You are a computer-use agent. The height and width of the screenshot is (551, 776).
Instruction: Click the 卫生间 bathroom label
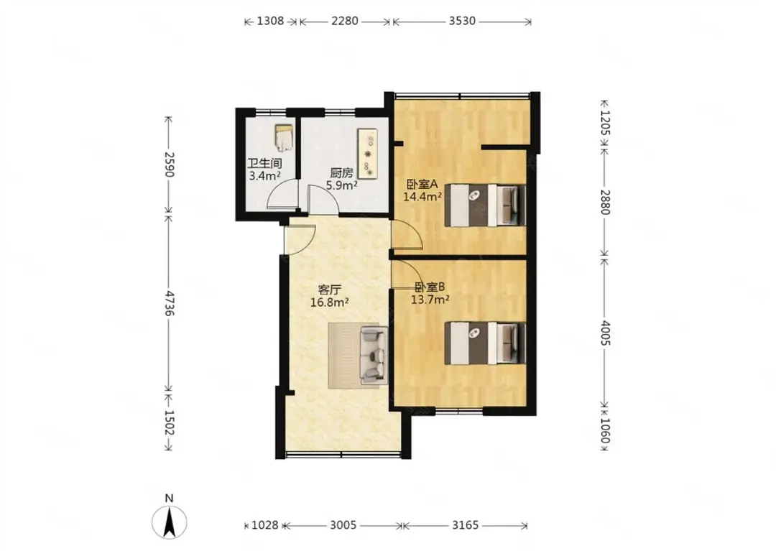pyautogui.click(x=264, y=164)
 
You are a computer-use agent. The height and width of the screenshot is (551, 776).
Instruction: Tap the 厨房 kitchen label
pyautogui.click(x=341, y=173)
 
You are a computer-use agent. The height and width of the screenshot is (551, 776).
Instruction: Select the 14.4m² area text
pyautogui.click(x=422, y=197)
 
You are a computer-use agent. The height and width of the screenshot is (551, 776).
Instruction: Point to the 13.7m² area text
pyautogui.click(x=430, y=299)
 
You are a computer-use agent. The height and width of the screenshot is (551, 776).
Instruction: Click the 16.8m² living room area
pyautogui.click(x=330, y=302)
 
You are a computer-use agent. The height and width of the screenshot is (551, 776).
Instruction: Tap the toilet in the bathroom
pyautogui.click(x=284, y=138)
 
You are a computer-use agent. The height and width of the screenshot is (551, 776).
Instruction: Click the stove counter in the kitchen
pyautogui.click(x=368, y=153)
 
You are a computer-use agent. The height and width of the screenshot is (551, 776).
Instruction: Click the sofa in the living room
pyautogui.click(x=373, y=355)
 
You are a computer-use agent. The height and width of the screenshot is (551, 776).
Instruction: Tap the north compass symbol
pyautogui.click(x=170, y=522)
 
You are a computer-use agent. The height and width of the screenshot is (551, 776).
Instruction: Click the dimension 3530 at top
pyautogui.click(x=462, y=21)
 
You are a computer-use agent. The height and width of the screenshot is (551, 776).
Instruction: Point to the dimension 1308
pyautogui.click(x=271, y=21)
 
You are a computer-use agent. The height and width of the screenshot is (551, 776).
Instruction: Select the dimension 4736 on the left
pyautogui.click(x=170, y=303)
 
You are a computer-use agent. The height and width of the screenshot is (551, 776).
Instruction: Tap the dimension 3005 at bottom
pyautogui.click(x=343, y=525)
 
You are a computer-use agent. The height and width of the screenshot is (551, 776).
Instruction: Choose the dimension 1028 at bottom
pyautogui.click(x=265, y=525)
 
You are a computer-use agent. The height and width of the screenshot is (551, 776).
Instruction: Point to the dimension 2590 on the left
pyautogui.click(x=170, y=165)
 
